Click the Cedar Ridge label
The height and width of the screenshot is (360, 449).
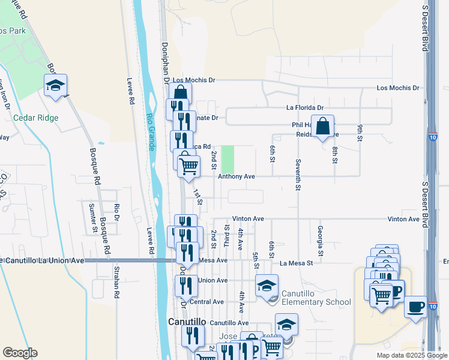point(37,118)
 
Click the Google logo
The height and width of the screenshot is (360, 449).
point(20,353)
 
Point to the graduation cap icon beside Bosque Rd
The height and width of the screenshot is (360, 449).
point(55,85)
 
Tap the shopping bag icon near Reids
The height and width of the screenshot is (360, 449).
point(322,127)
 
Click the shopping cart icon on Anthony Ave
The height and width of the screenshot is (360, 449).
point(188,165)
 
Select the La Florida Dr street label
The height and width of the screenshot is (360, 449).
point(305,108)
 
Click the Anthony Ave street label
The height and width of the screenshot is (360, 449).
point(237,177)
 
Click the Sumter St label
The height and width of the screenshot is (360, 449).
point(93,217)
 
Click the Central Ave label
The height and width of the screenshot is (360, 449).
point(206,302)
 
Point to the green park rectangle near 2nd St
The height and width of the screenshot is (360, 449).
point(228,158)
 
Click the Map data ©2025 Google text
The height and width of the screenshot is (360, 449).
point(411,355)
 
